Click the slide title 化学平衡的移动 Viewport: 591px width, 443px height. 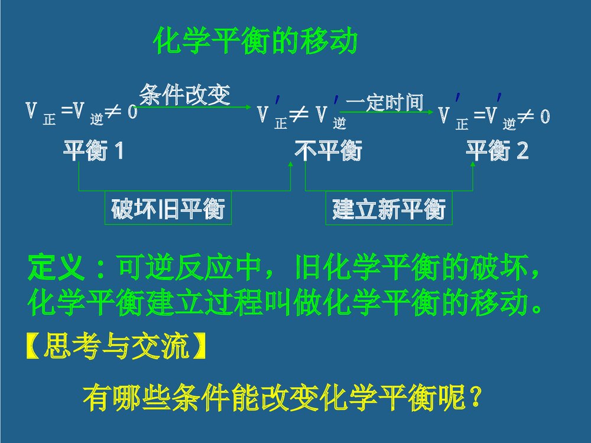coord(255,42)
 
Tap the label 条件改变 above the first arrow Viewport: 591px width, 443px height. coord(184,94)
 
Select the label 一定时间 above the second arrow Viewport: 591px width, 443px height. coord(385,102)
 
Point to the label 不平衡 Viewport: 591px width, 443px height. coord(328,151)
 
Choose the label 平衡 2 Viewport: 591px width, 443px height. coord(498,151)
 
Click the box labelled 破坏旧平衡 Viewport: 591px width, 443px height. coord(168,209)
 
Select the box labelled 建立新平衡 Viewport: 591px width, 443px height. coord(388,209)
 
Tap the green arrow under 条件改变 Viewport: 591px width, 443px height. coord(194,108)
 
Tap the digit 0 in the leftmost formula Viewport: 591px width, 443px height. coord(132,112)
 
